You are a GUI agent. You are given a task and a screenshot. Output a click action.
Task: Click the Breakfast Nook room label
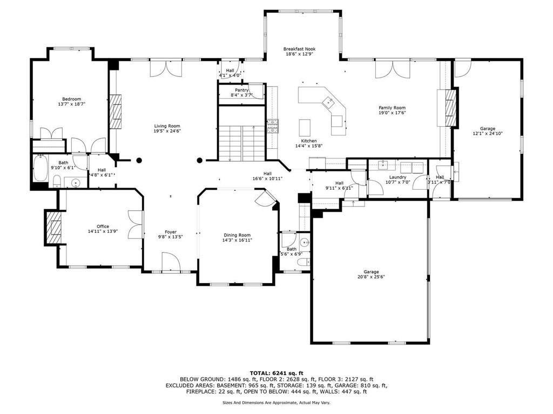pyautogui.click(x=298, y=49)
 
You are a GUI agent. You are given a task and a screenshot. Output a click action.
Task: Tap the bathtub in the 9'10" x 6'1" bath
pyautogui.click(x=41, y=170)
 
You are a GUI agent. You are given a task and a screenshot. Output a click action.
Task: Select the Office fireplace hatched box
pyautogui.click(x=53, y=226)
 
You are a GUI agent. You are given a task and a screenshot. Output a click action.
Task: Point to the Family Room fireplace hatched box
pyautogui.click(x=450, y=107)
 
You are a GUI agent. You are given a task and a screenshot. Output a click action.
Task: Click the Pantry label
pyautogui.click(x=241, y=90)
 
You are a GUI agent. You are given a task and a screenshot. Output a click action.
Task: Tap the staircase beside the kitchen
pyautogui.click(x=242, y=141)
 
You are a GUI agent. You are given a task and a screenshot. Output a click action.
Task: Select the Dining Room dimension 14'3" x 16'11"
pyautogui.click(x=238, y=240)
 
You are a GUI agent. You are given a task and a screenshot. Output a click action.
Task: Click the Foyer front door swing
pyautogui.click(x=171, y=263)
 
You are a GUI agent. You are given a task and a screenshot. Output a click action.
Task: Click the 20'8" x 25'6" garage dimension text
pyautogui.click(x=371, y=277)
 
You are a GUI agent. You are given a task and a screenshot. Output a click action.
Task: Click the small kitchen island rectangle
pyautogui.click(x=305, y=128)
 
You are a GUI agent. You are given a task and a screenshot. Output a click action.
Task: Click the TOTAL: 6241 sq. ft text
pyautogui.click(x=276, y=372)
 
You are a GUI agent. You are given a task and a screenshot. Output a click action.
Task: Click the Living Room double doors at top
pyautogui.click(x=166, y=69)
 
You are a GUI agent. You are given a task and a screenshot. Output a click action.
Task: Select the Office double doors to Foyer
pyautogui.click(x=136, y=224)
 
